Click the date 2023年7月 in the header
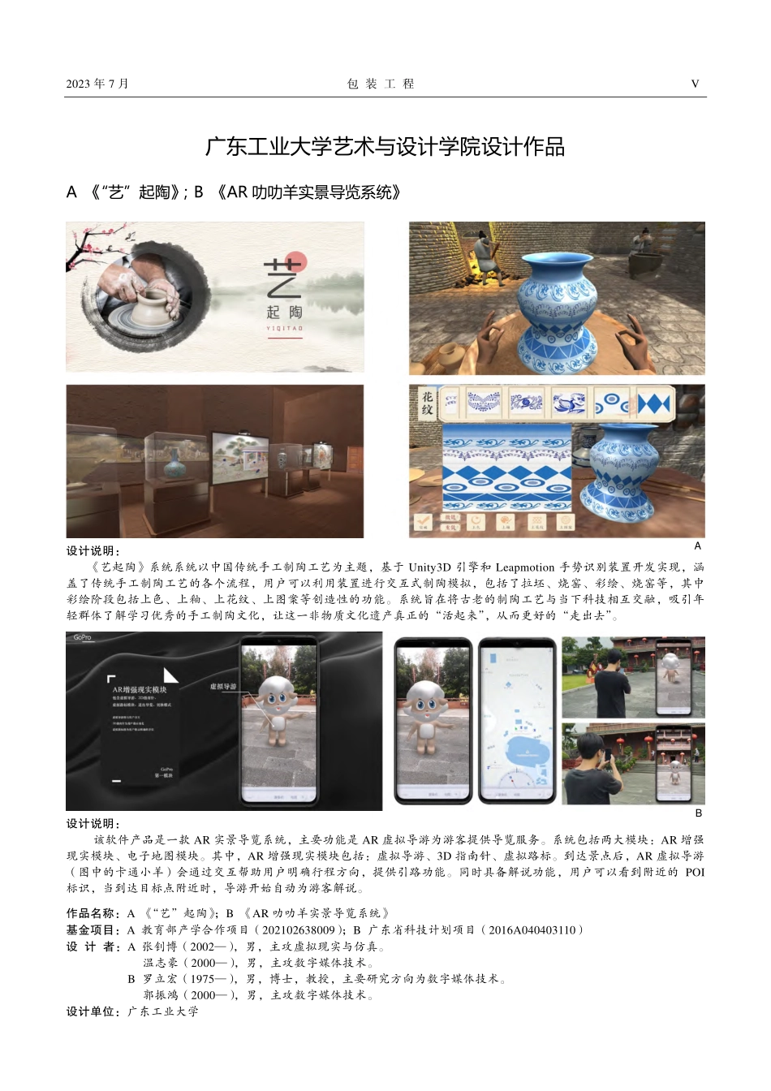pos(97,84)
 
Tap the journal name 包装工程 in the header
pos(381,84)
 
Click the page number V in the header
pos(695,84)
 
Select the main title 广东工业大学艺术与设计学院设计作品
pos(385,147)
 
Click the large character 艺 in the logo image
pos(282,277)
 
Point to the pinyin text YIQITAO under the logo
pos(284,329)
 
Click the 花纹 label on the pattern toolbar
pos(427,403)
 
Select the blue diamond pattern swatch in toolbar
pos(654,403)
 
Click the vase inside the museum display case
pos(172,467)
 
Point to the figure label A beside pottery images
pos(697,545)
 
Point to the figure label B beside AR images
pos(698,813)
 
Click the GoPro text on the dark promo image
pos(83,638)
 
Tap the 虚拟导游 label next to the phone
pos(223,686)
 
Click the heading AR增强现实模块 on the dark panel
pos(139,689)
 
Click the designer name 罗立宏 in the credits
pos(161,978)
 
